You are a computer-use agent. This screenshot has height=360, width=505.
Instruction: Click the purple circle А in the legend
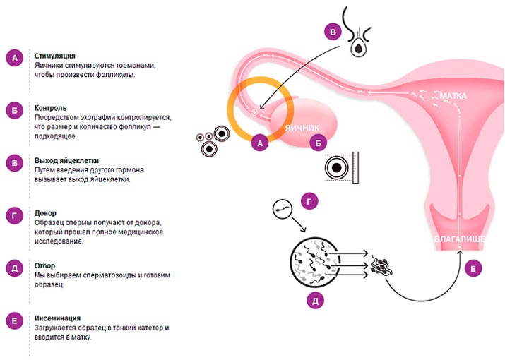15,59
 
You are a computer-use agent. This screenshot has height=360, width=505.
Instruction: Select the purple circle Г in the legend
15,216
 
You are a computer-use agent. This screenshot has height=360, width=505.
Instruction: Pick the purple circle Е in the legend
15,321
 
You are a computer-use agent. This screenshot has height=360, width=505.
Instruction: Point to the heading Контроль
51,108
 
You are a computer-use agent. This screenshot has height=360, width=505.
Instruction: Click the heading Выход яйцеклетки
67,160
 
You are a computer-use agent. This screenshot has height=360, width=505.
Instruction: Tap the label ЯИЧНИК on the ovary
302,128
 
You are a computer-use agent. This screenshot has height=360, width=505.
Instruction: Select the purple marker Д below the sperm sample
316,301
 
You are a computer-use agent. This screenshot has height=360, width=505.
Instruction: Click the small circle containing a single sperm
281,210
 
